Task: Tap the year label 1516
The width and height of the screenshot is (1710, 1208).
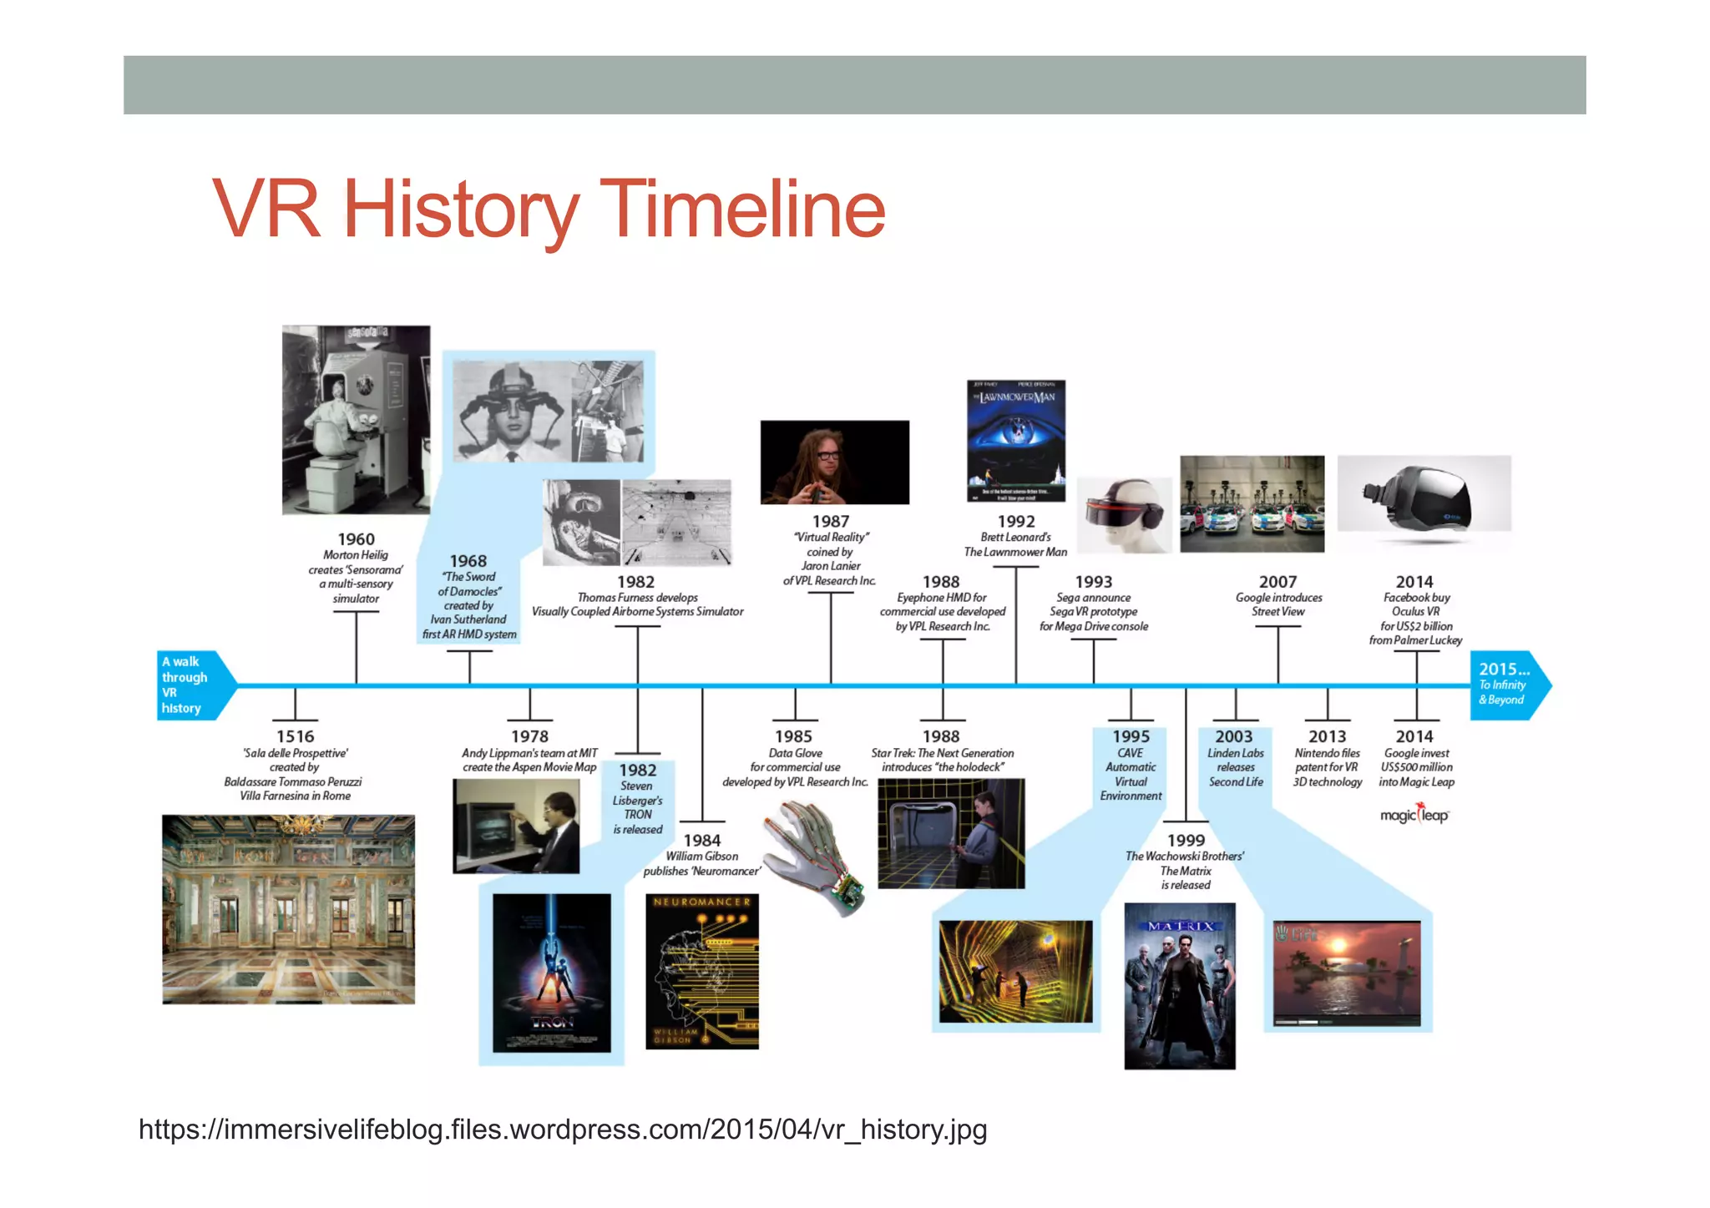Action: click(x=295, y=736)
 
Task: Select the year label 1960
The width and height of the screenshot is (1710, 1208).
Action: click(x=356, y=539)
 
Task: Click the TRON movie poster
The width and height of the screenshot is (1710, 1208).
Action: click(x=551, y=973)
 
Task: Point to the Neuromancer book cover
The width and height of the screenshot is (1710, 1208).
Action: click(x=702, y=971)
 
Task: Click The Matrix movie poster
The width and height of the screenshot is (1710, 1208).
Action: click(x=1179, y=985)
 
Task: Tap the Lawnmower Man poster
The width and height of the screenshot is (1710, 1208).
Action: click(x=1016, y=440)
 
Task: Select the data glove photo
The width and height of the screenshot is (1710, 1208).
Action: click(x=814, y=857)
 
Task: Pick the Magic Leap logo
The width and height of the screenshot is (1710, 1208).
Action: click(x=1414, y=814)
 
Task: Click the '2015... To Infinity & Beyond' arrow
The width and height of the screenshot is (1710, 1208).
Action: click(x=1508, y=685)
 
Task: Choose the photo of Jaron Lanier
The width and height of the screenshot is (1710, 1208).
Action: click(x=834, y=462)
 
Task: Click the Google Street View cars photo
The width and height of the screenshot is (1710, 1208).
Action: click(x=1252, y=503)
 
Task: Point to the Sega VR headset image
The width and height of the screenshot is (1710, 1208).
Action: click(x=1124, y=514)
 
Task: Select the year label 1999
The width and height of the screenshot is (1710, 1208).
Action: click(x=1186, y=840)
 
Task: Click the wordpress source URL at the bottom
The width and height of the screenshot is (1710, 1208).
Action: click(x=563, y=1130)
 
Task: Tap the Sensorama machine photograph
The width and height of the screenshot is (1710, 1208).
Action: click(x=356, y=419)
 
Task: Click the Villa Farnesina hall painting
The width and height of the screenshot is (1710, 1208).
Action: click(x=288, y=909)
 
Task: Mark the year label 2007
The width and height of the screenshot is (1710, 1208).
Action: click(x=1277, y=582)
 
